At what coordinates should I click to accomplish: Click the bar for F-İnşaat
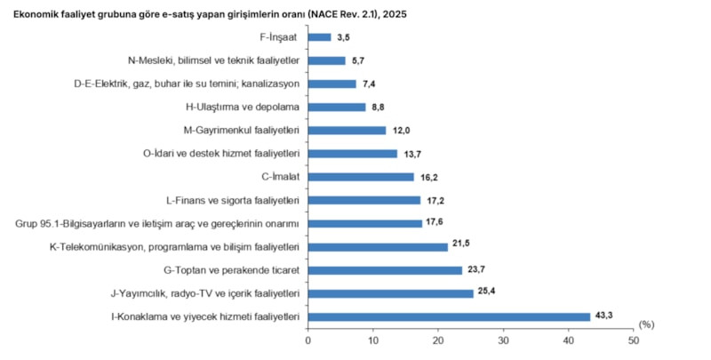tap(319, 37)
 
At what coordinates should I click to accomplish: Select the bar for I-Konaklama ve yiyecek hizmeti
tap(449, 317)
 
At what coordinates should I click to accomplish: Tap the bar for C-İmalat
tap(361, 177)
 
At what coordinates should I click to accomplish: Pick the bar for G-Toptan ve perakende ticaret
tap(385, 270)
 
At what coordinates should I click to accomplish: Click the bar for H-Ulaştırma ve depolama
tap(337, 107)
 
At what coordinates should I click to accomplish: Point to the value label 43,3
tap(603, 316)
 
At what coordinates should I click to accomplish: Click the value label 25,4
tap(486, 291)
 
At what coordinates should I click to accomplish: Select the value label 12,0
tap(399, 131)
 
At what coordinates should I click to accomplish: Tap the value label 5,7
tap(358, 60)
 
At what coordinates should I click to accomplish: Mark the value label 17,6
tap(434, 221)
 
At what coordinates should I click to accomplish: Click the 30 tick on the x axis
tap(503, 340)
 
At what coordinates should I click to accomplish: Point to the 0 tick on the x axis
tap(308, 340)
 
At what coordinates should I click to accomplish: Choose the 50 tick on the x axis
tap(634, 340)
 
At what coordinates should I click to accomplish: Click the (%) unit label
tap(646, 324)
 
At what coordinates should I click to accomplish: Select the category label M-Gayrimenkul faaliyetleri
tap(242, 131)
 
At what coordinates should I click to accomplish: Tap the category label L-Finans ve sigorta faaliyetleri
tap(234, 200)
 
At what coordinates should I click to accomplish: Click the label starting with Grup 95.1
tap(157, 223)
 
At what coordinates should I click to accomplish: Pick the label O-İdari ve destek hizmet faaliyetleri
tap(221, 154)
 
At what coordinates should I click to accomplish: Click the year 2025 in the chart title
tap(395, 14)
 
